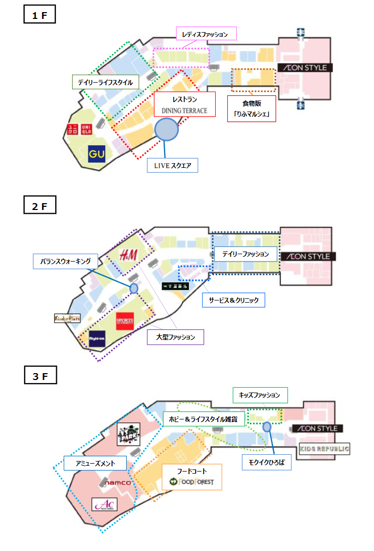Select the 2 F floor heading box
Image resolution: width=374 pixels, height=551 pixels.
click(39, 206)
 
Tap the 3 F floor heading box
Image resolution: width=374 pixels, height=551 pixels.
click(40, 376)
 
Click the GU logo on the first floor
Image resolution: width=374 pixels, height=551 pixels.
click(97, 154)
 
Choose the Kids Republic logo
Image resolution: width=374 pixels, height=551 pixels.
click(325, 449)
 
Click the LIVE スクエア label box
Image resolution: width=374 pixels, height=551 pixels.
click(173, 166)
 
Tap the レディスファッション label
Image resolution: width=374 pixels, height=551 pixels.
click(206, 34)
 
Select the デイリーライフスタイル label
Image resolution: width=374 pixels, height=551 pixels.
click(105, 83)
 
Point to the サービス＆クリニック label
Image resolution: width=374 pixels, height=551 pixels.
click(234, 300)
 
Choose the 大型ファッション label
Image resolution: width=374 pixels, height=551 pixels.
click(175, 337)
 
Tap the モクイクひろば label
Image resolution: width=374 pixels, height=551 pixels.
click(263, 463)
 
